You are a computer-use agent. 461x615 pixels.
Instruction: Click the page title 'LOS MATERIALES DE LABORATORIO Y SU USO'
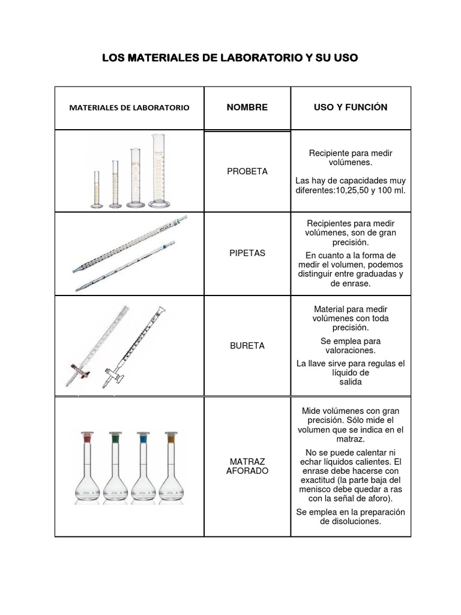coord(230,58)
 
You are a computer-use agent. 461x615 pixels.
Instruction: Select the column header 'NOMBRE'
coord(247,108)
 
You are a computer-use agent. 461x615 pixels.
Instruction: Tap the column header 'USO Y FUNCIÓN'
coord(351,108)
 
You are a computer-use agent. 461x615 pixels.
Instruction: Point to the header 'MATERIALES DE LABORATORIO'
coord(129,108)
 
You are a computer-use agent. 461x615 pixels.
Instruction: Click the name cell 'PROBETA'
coord(247,171)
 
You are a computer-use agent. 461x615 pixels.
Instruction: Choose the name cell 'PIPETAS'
coord(247,253)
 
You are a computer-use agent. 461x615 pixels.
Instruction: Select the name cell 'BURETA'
coord(247,346)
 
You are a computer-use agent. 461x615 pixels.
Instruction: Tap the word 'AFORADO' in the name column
coord(247,471)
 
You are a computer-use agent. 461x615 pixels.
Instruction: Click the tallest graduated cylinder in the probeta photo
coord(160,171)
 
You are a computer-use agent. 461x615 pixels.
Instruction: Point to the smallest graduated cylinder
coord(96,189)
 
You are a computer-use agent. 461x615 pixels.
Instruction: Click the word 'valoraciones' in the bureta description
coord(351,350)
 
